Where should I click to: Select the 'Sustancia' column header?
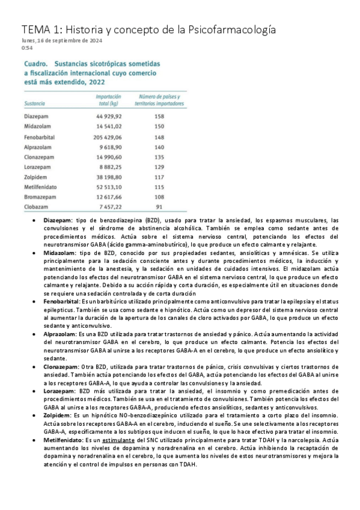[35, 103]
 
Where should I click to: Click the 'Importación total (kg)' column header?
[108, 100]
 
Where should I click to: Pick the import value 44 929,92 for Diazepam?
[108, 117]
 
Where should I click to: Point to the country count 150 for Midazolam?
[159, 127]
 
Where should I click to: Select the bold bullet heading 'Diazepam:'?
[57, 222]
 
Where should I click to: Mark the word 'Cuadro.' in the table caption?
[35, 63]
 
